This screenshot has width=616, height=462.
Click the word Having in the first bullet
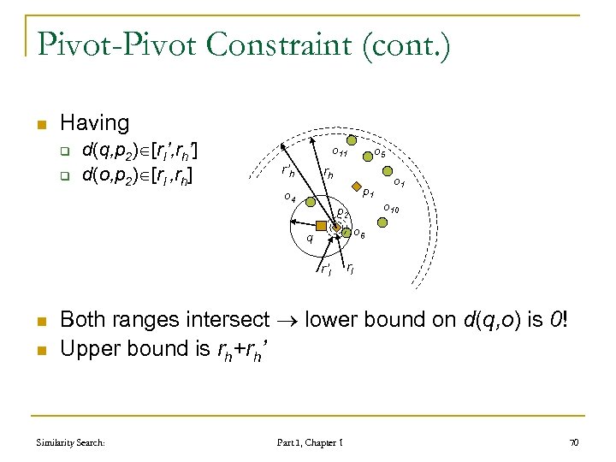[x=95, y=123]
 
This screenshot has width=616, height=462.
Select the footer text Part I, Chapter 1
[x=311, y=442]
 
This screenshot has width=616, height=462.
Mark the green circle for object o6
[x=346, y=232]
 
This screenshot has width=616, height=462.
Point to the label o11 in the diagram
[x=340, y=153]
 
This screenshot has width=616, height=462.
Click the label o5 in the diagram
[x=381, y=153]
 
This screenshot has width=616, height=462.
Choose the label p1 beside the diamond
[x=367, y=193]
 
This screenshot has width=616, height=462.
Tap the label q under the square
[x=310, y=239]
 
